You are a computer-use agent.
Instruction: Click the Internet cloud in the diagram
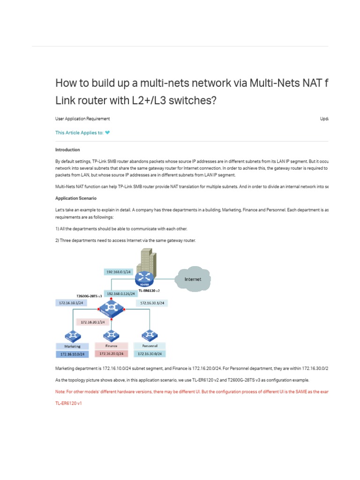coord(193,279)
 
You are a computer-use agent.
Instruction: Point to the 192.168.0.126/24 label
coord(121,293)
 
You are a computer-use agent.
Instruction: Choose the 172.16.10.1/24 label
coord(71,303)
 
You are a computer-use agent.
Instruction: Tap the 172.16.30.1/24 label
coord(152,303)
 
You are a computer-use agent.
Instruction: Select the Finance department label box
coord(111,346)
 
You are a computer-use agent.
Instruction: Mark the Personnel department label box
coord(150,346)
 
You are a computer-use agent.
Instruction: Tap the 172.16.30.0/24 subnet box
coord(150,353)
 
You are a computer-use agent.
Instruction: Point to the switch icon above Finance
coord(111,335)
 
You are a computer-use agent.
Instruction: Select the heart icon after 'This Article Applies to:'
coord(108,133)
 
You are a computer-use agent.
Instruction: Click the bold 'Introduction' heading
coord(67,150)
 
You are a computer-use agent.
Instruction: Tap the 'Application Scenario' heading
coord(76,198)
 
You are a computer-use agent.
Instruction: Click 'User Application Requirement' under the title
coord(82,119)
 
